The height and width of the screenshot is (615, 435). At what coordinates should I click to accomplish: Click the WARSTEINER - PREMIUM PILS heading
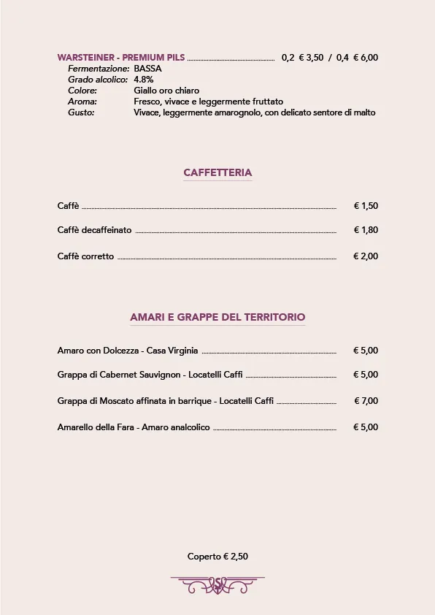(121, 58)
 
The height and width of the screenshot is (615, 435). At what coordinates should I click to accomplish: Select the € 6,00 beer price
(366, 58)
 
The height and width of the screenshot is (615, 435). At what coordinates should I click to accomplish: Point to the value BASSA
(148, 69)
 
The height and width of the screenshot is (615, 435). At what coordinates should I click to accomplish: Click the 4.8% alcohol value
(144, 80)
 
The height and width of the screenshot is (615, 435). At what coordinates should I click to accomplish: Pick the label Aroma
(82, 102)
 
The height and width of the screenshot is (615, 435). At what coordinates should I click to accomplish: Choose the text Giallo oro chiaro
(166, 91)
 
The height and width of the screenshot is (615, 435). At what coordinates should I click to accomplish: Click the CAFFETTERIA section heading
(217, 173)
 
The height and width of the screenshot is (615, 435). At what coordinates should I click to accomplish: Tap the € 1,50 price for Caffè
(366, 206)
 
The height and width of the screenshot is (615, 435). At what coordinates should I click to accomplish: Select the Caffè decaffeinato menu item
(95, 230)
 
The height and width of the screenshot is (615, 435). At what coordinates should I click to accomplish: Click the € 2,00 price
(366, 256)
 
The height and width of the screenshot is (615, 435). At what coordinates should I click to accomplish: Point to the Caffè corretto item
(86, 256)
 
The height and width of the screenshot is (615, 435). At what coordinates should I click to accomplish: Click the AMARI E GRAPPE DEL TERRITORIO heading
(217, 317)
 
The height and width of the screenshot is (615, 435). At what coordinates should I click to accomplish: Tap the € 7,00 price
(366, 401)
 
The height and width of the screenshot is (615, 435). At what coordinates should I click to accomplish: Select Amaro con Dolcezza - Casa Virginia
(128, 351)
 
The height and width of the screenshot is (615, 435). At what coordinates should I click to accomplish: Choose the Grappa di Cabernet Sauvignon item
(150, 375)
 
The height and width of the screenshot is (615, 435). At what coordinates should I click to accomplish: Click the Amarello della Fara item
(134, 427)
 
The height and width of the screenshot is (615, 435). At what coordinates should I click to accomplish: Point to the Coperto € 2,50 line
(217, 557)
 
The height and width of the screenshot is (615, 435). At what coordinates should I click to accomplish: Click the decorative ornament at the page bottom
(217, 584)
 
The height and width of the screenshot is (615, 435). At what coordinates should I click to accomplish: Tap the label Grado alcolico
(98, 80)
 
